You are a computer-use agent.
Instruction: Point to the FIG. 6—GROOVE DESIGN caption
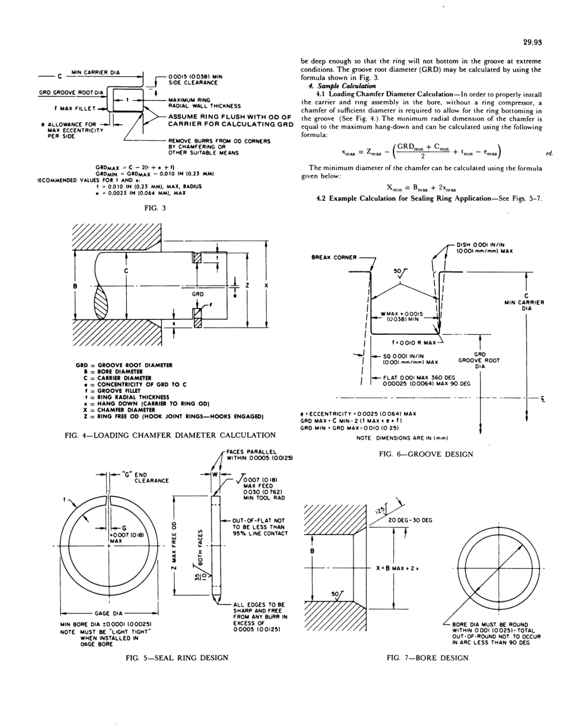426,454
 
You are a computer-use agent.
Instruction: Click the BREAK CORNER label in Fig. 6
334,257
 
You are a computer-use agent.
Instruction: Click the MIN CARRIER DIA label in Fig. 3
95,72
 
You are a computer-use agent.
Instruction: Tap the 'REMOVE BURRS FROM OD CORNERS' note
219,141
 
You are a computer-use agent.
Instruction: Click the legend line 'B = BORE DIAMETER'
110,372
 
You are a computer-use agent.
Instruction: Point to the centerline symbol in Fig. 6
542,398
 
